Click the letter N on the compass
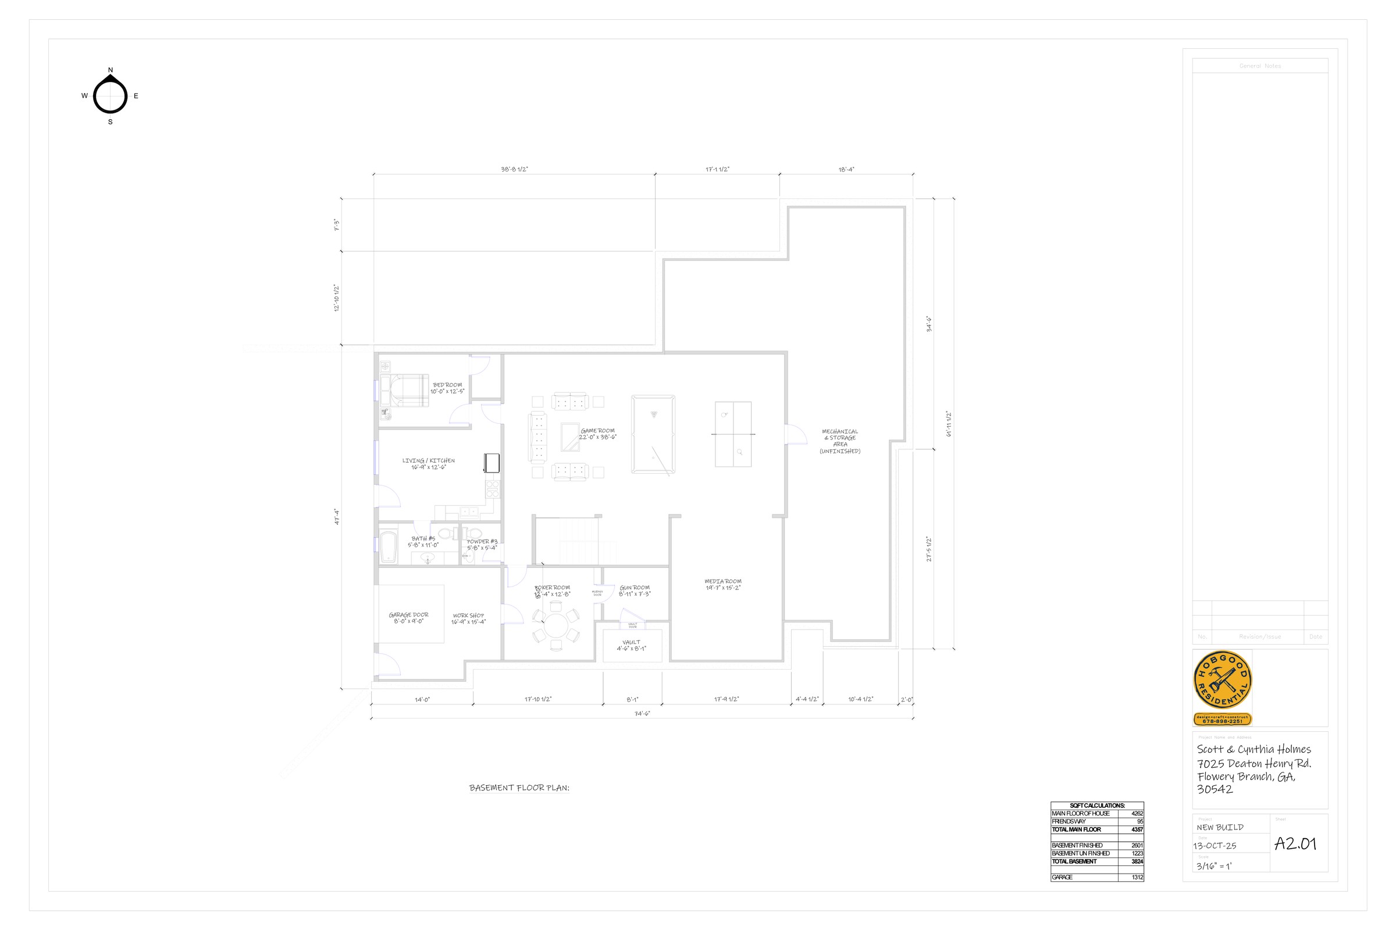coord(111,70)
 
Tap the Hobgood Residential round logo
coord(1222,680)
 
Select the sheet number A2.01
coord(1295,843)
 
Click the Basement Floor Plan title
coord(519,788)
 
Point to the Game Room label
coord(598,434)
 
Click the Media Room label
coord(723,584)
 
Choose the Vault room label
coord(632,645)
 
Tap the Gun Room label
coord(635,590)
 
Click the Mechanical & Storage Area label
coord(840,441)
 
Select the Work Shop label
coord(468,618)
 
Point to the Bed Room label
coord(447,388)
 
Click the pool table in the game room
coord(653,434)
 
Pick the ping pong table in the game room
coord(733,434)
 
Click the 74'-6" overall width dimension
coord(642,714)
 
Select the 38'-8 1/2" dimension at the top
coord(514,170)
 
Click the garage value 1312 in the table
coord(1137,877)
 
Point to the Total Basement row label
coord(1074,861)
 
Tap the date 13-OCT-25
coord(1215,846)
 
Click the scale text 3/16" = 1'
coord(1214,866)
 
